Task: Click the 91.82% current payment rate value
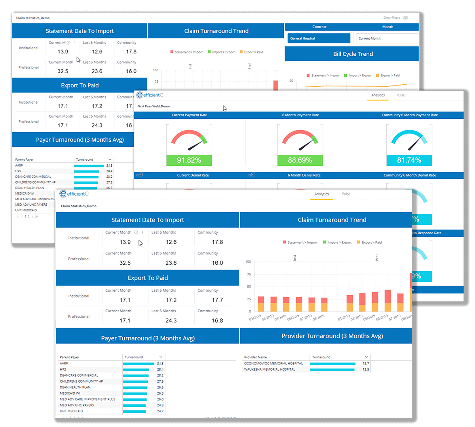189,160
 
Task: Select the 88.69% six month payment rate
300,160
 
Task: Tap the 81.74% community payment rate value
409,160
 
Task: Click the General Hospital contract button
319,38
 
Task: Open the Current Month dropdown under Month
387,38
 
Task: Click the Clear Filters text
391,18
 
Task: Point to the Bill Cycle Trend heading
353,54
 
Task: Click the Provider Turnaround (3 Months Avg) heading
332,336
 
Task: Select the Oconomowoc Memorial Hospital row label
274,363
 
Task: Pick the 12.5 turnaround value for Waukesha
366,370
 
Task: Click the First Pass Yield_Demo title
154,106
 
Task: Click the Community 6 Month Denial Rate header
409,175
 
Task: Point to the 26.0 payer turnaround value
160,399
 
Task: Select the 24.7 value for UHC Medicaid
160,411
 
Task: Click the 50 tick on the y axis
249,287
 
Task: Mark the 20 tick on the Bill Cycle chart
291,81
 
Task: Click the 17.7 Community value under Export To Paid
217,300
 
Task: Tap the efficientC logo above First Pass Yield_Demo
149,95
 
